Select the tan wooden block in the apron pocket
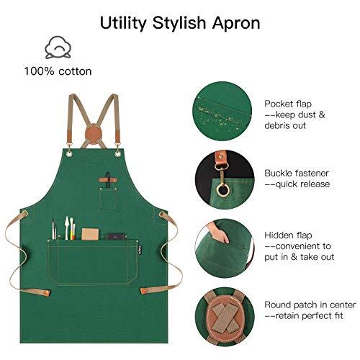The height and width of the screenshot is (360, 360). pyautogui.click(x=90, y=234)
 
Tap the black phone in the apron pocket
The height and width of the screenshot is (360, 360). pyautogui.click(x=115, y=236)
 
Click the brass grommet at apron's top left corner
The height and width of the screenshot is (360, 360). pyautogui.click(x=70, y=150)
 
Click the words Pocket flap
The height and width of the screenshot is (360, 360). pyautogui.click(x=283, y=103)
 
